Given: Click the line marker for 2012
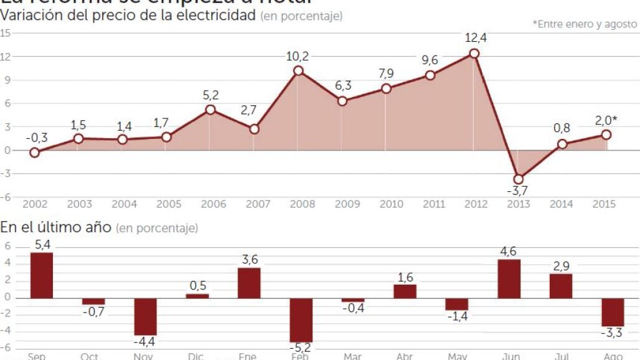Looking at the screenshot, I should [x=474, y=54].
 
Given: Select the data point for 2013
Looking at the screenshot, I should [x=518, y=179].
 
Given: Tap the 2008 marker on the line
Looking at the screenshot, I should [x=298, y=70].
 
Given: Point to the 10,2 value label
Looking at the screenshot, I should [x=298, y=56].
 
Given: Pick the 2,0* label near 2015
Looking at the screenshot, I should [x=606, y=120].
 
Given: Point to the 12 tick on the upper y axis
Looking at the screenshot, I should [x=6, y=57].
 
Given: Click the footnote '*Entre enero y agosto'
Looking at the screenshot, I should [x=585, y=24].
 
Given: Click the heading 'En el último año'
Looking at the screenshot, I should [x=55, y=227].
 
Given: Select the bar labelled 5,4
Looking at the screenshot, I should [x=42, y=275].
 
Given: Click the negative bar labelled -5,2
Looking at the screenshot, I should [x=301, y=320].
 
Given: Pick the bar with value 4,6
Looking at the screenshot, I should [x=509, y=278].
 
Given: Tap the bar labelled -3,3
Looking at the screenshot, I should [x=613, y=312].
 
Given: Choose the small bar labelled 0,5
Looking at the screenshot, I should [x=197, y=296].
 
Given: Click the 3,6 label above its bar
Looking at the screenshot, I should [x=249, y=260].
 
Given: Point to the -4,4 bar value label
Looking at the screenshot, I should [x=145, y=343].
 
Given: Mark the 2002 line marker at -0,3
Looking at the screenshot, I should [x=35, y=153].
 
